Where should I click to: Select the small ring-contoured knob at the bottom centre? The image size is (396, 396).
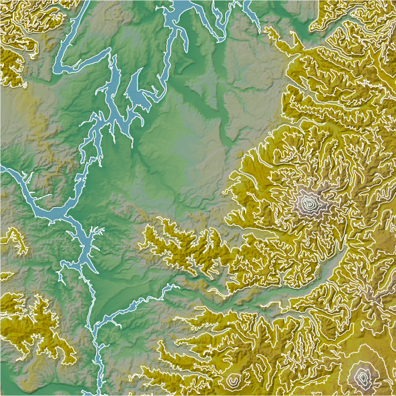coord(233,381)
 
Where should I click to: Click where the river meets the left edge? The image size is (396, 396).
coord(2,170)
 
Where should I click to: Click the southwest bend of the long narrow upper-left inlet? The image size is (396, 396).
coord(56,68)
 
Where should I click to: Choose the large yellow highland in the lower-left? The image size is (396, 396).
coord(37,327)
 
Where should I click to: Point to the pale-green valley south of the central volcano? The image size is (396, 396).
coord(294,294)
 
